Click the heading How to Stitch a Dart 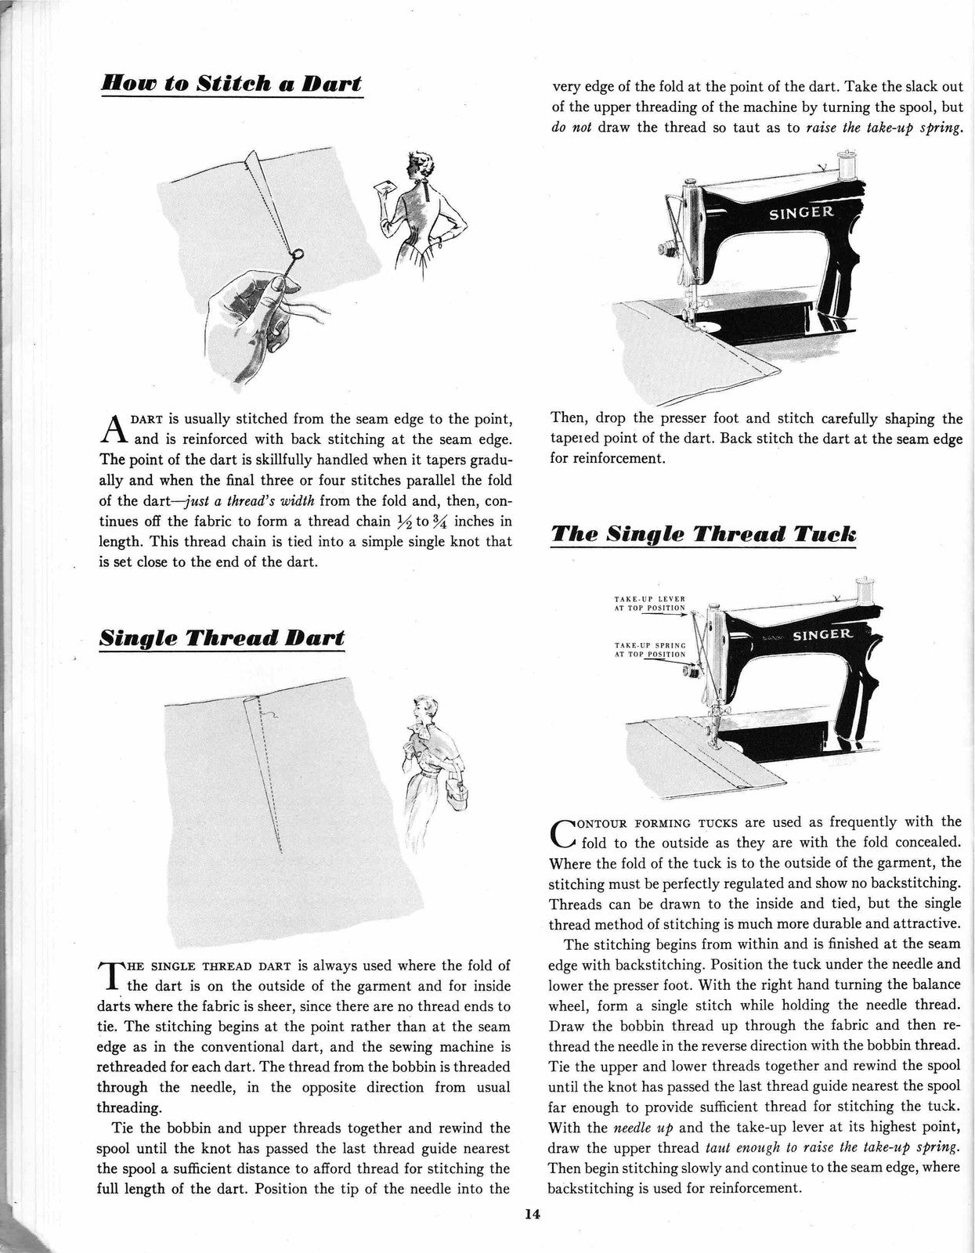(232, 83)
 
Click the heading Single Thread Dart (222, 637)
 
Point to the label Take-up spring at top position (650, 649)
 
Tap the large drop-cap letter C (564, 832)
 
